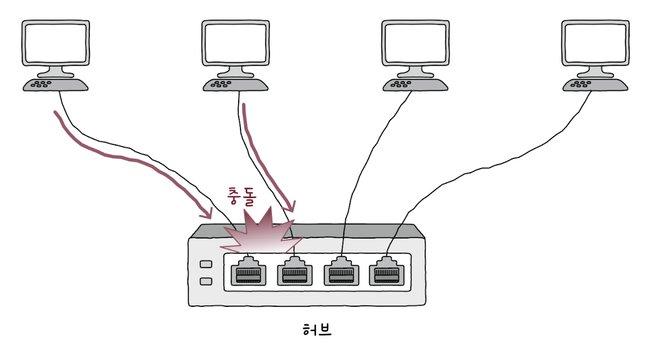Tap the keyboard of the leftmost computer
56,85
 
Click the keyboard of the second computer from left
236,85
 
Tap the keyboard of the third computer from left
415,85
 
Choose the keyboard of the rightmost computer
595,85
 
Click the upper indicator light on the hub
205,265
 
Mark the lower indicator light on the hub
205,281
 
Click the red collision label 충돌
242,197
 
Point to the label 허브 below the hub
317,330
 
